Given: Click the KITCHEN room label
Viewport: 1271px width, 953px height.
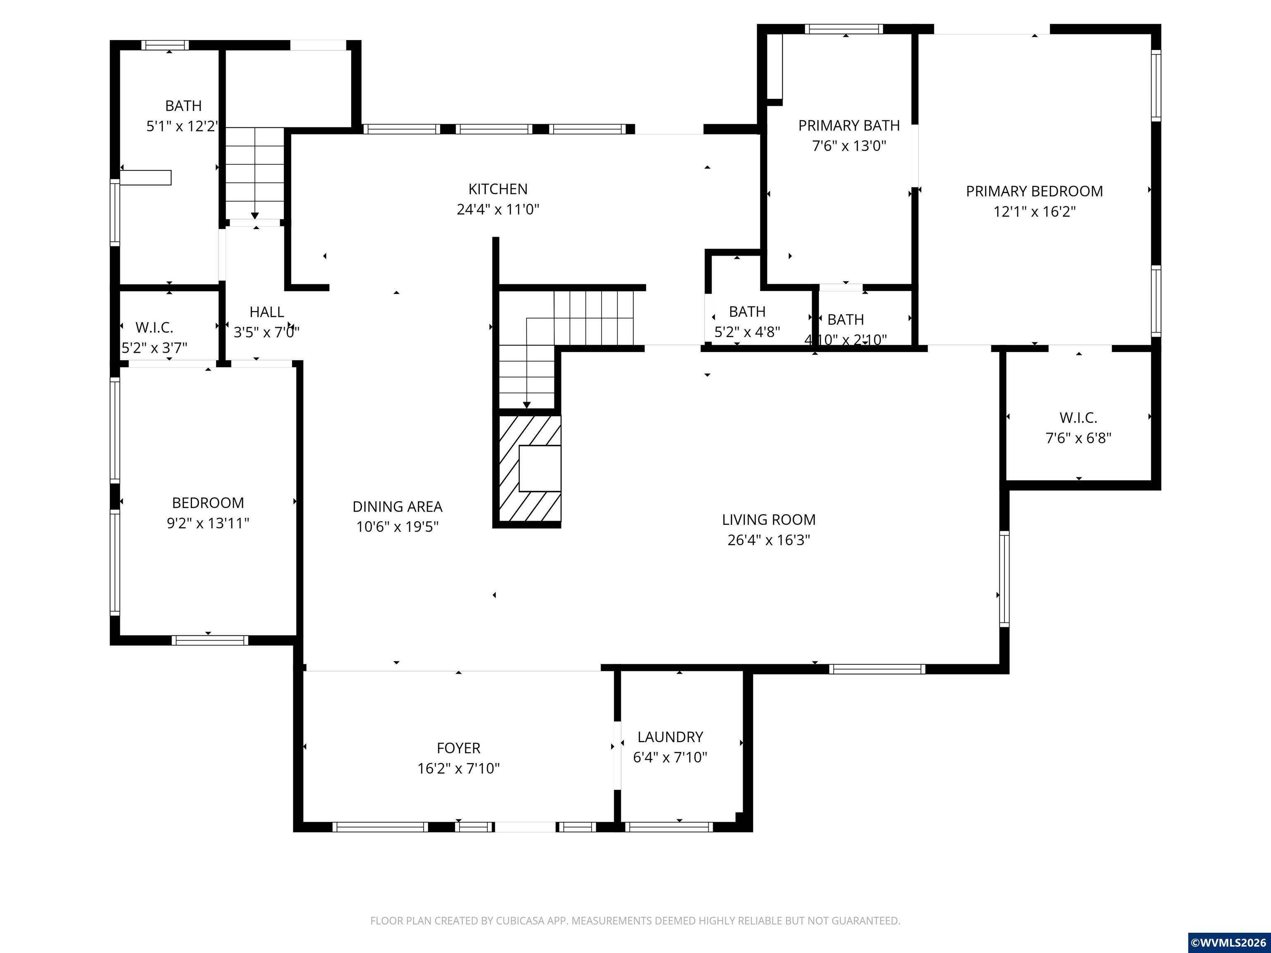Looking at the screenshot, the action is pyautogui.click(x=498, y=189).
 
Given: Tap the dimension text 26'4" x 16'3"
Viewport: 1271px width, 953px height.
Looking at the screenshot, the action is pyautogui.click(x=768, y=540).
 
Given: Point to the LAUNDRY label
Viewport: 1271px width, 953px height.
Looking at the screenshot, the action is pyautogui.click(x=670, y=737).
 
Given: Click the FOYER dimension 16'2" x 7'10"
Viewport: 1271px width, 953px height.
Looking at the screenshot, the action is pyautogui.click(x=458, y=769).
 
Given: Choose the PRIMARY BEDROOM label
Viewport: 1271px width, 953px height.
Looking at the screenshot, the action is pyautogui.click(x=1034, y=191).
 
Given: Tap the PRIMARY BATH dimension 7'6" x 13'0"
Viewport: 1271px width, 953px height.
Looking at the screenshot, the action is pyautogui.click(x=849, y=146).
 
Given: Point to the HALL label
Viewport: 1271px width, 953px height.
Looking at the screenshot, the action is pyautogui.click(x=266, y=312).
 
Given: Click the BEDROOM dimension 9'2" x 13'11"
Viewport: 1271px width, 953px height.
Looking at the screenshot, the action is pyautogui.click(x=208, y=523).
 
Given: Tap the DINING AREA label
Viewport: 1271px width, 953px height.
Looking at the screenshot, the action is pyautogui.click(x=397, y=507).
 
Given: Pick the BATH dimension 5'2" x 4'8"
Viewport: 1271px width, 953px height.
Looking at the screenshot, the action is pyautogui.click(x=747, y=332).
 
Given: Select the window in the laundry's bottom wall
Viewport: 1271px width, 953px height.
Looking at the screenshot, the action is pyautogui.click(x=669, y=827).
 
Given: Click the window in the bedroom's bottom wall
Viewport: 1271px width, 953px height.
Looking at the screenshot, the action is pyautogui.click(x=210, y=640).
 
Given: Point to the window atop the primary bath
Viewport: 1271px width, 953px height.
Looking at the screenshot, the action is pyautogui.click(x=844, y=29).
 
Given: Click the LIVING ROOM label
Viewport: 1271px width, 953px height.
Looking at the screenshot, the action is pyautogui.click(x=768, y=520).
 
